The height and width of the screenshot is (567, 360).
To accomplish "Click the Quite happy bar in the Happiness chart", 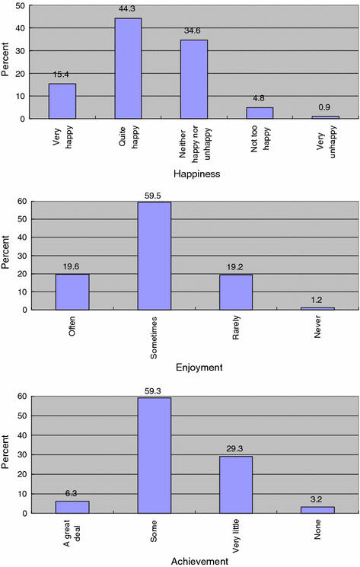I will coord(128,68).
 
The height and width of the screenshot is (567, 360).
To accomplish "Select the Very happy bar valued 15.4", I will coord(62,101).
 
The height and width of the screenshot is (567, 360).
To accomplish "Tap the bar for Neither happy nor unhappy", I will coord(193,79).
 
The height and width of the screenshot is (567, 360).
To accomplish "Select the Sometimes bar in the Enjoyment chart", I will coord(155,256).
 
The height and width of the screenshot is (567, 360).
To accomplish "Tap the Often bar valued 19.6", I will coord(72,292).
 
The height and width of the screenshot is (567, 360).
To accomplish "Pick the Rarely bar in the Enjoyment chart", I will coord(236,292).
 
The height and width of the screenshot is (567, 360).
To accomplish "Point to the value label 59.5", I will coord(155,196).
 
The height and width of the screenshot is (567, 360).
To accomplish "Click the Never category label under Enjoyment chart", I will coord(319,330).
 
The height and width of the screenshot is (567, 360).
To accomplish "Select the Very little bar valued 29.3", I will coord(236,484).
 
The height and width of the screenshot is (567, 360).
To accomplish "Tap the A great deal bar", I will coord(72,507).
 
